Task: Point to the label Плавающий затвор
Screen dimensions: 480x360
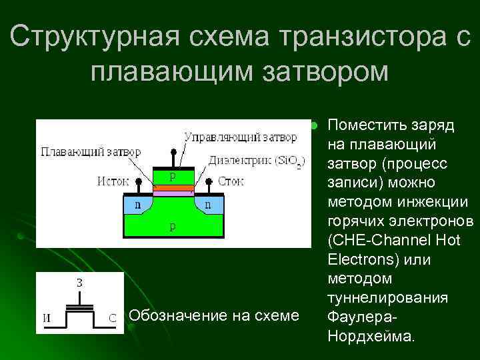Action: pyautogui.click(x=91, y=151)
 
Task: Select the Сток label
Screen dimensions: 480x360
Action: pyautogui.click(x=231, y=181)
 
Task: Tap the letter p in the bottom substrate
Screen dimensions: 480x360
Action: pyautogui.click(x=173, y=226)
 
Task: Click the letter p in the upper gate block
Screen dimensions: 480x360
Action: pyautogui.click(x=173, y=176)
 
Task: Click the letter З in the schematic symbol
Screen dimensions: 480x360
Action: pyautogui.click(x=79, y=282)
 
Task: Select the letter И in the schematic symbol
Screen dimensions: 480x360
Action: pyautogui.click(x=45, y=318)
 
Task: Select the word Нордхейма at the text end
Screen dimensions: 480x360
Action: pyautogui.click(x=371, y=335)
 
